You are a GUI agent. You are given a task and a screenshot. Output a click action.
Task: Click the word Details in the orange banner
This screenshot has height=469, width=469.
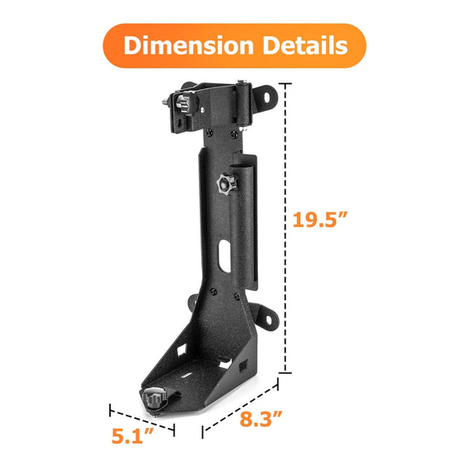click(309, 45)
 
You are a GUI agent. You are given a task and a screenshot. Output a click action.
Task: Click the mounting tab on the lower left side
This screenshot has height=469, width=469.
click(194, 303)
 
